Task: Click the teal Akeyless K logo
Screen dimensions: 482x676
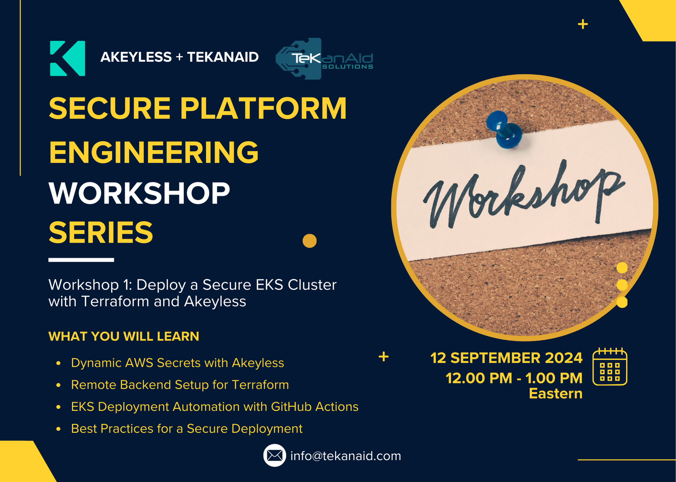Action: pos(68,58)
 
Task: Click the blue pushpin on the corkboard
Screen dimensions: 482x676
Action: pos(505,130)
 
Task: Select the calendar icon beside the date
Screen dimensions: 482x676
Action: pos(610,367)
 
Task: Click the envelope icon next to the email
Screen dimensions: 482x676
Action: pos(274,456)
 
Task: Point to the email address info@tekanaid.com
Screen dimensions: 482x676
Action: pos(345,456)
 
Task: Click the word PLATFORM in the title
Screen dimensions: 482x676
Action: pos(263,108)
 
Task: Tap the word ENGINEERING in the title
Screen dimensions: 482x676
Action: pos(154,152)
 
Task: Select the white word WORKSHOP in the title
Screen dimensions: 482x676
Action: pos(139,193)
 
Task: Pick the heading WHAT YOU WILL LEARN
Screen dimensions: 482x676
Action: pos(124,337)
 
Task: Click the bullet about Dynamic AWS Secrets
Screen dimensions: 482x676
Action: pos(177,363)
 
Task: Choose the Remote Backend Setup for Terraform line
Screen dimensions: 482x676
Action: pos(180,385)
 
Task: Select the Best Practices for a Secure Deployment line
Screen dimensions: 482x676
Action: pos(187,429)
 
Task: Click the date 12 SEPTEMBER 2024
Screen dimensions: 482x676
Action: pos(506,358)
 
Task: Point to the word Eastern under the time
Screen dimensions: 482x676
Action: pos(556,394)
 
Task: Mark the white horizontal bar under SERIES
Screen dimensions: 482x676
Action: pos(81,260)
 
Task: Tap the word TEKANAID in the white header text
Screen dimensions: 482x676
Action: pos(223,57)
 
